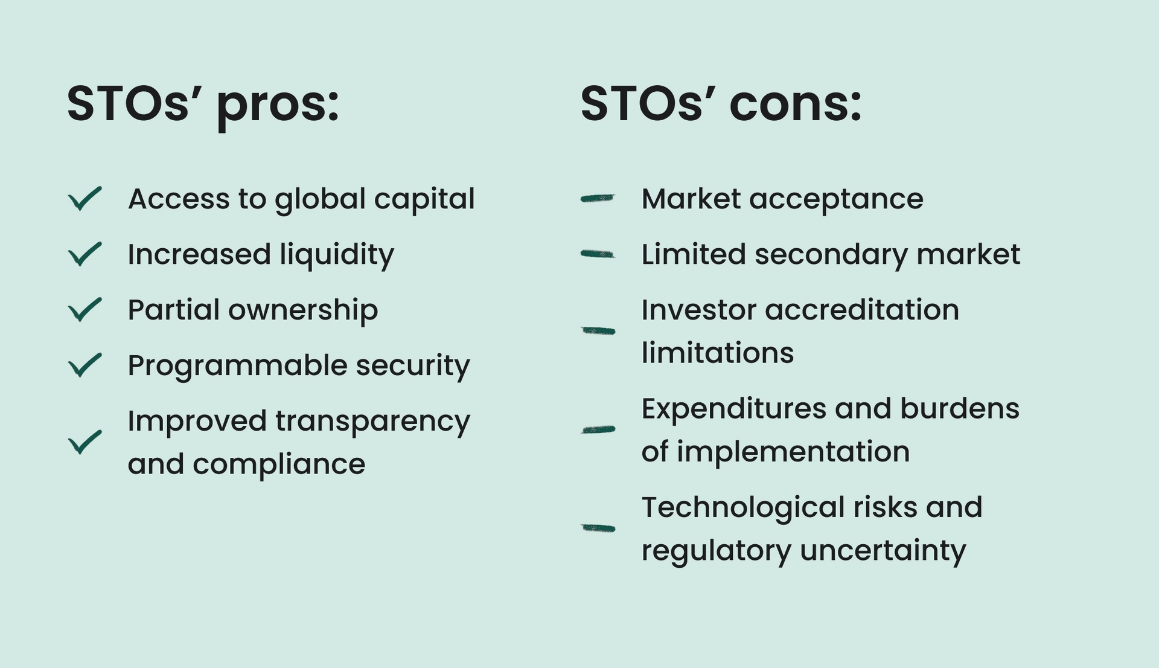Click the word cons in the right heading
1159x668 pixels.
pos(796,104)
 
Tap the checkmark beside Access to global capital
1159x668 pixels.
pos(85,199)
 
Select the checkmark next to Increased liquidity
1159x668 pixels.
pos(85,254)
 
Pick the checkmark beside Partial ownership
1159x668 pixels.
pos(85,310)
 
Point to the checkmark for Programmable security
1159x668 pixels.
pos(85,365)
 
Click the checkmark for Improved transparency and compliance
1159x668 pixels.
pos(85,442)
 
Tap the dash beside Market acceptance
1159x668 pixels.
pos(598,198)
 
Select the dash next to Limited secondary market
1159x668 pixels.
pos(598,254)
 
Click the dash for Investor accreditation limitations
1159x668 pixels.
pos(598,330)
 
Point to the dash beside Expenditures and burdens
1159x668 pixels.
pos(598,429)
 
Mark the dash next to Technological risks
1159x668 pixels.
pos(598,528)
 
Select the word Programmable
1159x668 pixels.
pos(238,366)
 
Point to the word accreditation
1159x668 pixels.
pos(862,310)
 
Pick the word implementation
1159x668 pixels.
pos(793,453)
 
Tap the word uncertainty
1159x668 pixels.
pos(883,551)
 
